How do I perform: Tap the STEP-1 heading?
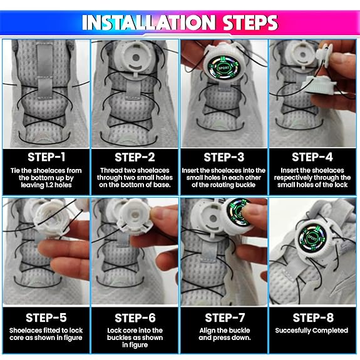coord(45,157)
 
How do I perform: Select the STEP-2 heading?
coord(135,157)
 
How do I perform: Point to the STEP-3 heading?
coord(224,157)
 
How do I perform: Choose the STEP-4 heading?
coord(313,157)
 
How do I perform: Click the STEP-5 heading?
coord(45,317)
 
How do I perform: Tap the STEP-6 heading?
coord(135,317)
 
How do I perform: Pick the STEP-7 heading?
coord(224,317)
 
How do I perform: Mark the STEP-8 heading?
coord(313,317)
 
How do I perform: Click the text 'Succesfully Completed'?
coord(313,331)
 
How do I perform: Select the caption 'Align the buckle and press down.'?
coord(224,334)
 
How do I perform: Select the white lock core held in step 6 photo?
coord(132,235)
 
